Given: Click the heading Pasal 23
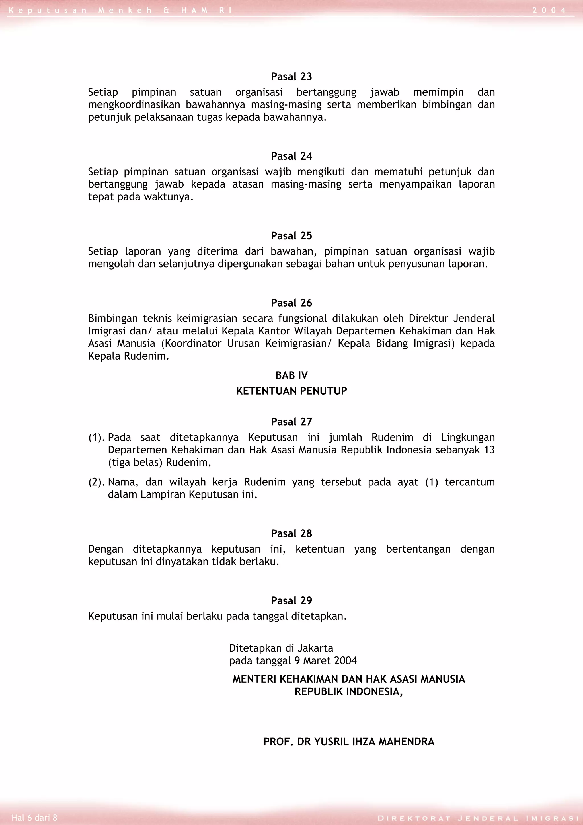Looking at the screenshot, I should [x=291, y=77].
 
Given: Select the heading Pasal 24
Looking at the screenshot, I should [x=291, y=156].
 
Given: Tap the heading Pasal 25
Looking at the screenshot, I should [x=291, y=236].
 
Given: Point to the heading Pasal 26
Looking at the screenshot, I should [x=291, y=303].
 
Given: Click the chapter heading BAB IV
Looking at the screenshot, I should [x=291, y=375].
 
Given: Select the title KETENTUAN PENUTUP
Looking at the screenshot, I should [x=291, y=391].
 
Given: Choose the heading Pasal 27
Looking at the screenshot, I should [x=291, y=422].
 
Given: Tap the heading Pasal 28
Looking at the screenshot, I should [x=291, y=533].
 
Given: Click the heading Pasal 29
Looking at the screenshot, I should [x=291, y=601].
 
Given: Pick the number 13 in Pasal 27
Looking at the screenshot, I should [x=489, y=450].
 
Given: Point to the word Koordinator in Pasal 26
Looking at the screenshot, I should [x=191, y=344].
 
